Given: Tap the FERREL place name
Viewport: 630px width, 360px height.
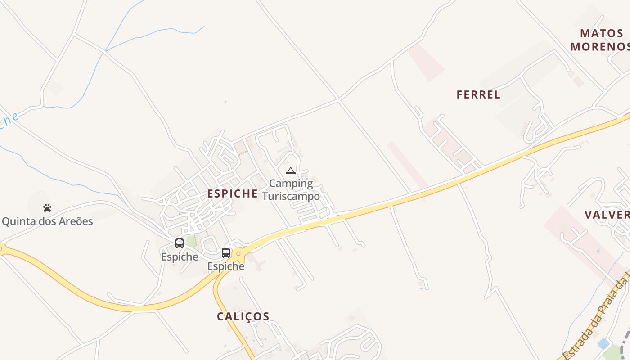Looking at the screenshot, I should (x=478, y=94).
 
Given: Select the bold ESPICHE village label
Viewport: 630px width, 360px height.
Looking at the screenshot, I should (x=232, y=193).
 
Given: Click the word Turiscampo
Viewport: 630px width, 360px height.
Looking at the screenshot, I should (x=291, y=196).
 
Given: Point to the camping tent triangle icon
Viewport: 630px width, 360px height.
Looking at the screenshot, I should (x=290, y=171).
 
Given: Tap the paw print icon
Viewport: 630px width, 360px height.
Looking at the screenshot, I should (x=47, y=208).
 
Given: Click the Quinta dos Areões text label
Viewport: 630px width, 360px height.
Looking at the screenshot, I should (x=47, y=221).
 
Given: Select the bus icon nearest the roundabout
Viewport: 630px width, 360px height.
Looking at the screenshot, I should (x=226, y=253).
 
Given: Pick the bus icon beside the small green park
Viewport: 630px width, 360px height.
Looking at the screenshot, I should (x=180, y=243).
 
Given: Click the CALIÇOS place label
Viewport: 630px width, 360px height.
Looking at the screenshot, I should (x=243, y=316).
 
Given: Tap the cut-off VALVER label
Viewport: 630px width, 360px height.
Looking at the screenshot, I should (x=607, y=214).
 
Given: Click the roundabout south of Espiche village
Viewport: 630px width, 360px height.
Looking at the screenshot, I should (x=238, y=254).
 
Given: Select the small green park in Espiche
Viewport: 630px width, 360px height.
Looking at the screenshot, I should (x=191, y=242).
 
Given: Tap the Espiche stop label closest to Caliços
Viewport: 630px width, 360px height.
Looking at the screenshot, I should (x=226, y=266).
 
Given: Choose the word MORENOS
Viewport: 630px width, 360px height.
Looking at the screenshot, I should (x=600, y=46).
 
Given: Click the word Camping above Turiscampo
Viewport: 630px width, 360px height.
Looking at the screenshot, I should (x=291, y=184).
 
